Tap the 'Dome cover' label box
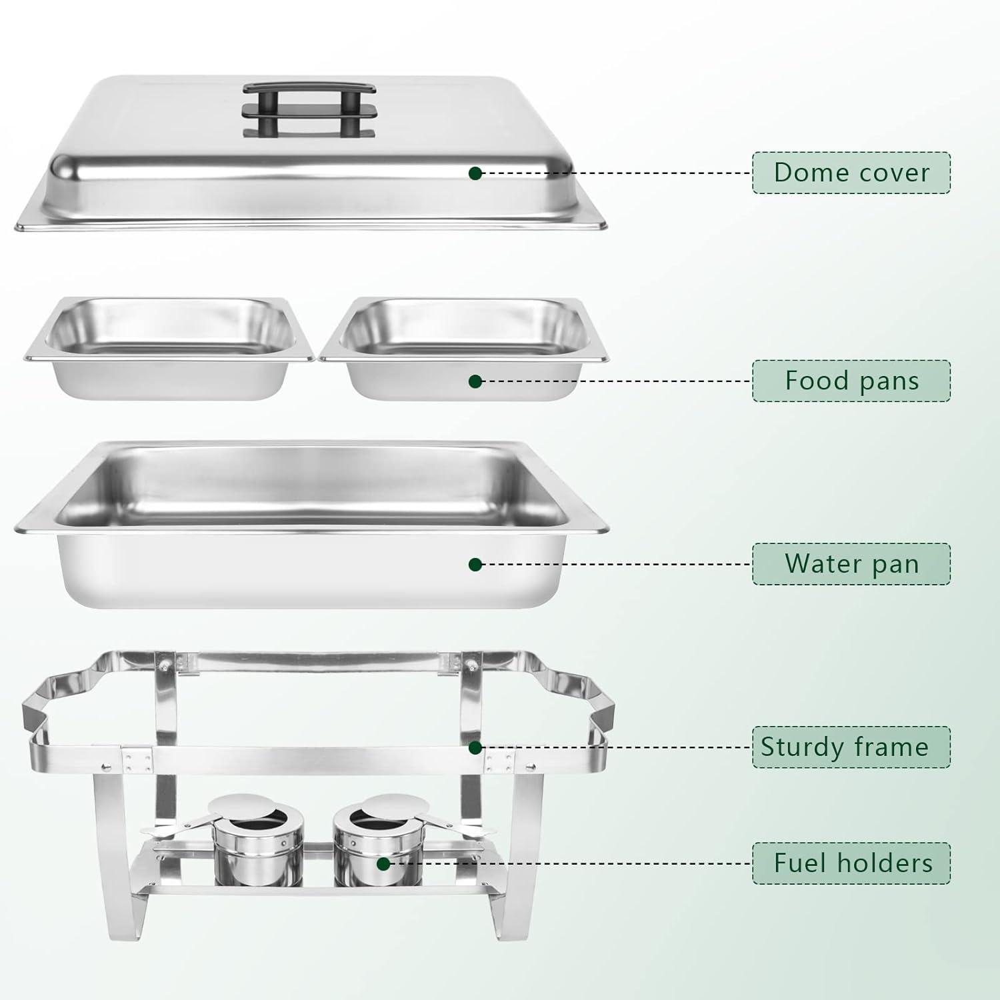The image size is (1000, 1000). [x=851, y=173]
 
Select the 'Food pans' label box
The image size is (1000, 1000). [x=851, y=381]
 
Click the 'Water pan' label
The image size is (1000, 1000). [x=851, y=564]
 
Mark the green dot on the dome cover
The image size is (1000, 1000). [x=475, y=173]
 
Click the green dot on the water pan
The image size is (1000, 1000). [x=475, y=565]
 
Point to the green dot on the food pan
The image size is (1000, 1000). [x=475, y=381]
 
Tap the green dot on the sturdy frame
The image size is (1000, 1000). [x=475, y=747]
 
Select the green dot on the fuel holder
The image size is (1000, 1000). [x=383, y=864]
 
